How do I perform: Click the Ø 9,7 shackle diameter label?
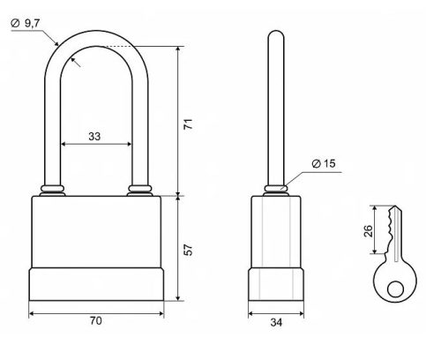click(x=26, y=23)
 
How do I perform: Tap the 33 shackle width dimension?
click(x=94, y=137)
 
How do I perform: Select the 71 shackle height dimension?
click(x=188, y=124)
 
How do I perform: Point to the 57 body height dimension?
click(x=188, y=250)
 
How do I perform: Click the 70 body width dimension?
click(x=96, y=321)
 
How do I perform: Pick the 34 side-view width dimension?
click(x=276, y=322)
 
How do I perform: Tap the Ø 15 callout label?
click(x=324, y=163)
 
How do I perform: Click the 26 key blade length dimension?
click(x=368, y=231)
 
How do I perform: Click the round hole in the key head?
click(x=395, y=289)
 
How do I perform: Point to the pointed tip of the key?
click(x=395, y=206)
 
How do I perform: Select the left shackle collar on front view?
click(x=52, y=191)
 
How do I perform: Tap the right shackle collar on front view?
click(x=139, y=191)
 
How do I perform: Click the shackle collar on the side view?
click(x=276, y=191)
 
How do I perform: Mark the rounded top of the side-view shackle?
click(x=276, y=33)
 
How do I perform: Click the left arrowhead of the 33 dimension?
click(x=63, y=144)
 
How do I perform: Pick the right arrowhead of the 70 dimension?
click(x=161, y=314)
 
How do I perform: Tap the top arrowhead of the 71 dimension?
click(x=178, y=49)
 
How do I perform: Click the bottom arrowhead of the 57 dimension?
click(x=178, y=298)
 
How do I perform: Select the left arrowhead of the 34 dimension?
click(x=250, y=314)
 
